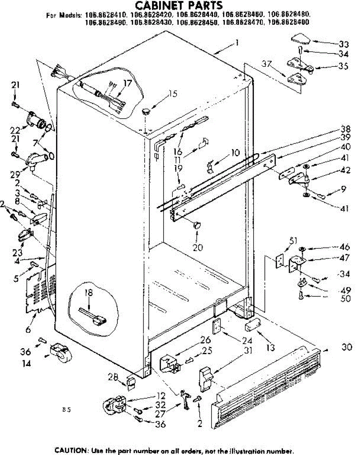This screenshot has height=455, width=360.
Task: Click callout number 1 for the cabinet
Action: click(237, 43)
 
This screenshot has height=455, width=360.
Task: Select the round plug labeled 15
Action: click(146, 111)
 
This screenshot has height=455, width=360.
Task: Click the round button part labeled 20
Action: click(197, 225)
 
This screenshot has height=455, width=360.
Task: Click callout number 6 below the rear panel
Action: click(28, 330)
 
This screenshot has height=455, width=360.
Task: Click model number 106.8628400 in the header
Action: click(288, 22)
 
